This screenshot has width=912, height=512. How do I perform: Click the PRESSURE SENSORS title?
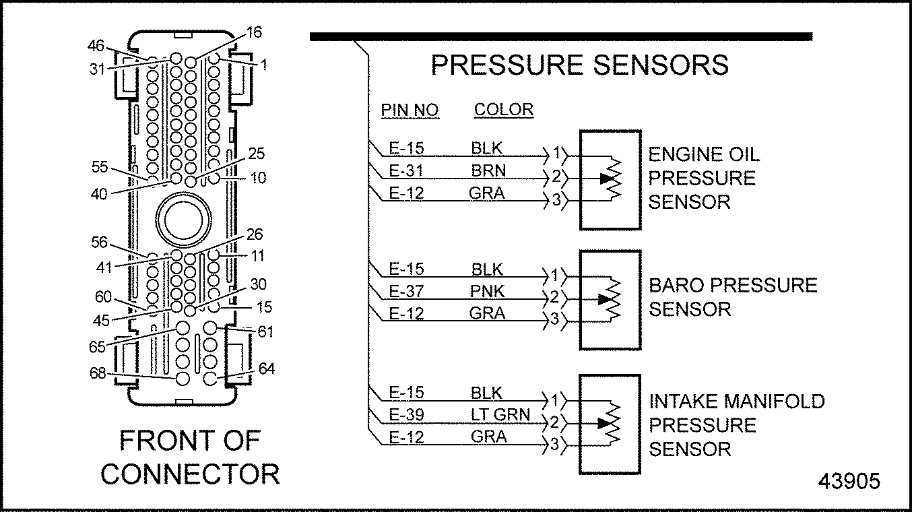point(579,65)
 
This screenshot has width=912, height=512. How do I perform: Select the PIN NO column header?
point(410,110)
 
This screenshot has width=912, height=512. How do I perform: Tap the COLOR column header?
point(504,110)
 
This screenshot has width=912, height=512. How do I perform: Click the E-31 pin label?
point(407,170)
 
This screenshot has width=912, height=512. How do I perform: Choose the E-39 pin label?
point(407,414)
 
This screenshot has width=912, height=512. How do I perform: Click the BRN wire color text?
point(488,170)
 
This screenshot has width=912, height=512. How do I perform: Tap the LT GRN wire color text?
point(500,414)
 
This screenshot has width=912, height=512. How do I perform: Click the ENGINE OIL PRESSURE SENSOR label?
point(704,178)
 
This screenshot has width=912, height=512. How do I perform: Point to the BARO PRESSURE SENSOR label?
point(733,296)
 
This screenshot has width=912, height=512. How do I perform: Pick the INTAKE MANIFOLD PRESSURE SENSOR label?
point(736,425)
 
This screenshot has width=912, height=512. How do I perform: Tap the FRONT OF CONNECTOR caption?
point(190,457)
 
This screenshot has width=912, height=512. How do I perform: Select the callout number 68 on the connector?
point(98,373)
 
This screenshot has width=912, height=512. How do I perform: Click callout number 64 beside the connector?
point(267,369)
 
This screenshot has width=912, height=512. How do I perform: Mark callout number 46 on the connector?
point(96,46)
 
